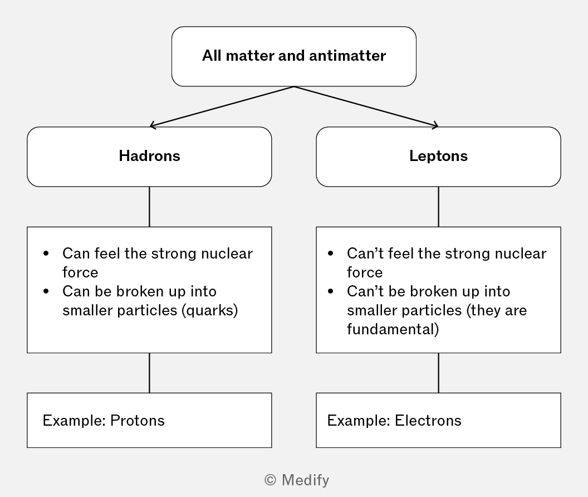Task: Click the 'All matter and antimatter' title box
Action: pyautogui.click(x=294, y=56)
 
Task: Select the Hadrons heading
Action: pyautogui.click(x=150, y=156)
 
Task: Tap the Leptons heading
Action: pyautogui.click(x=438, y=156)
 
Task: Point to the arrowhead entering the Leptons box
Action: pyautogui.click(x=435, y=125)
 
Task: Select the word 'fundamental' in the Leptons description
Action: pyautogui.click(x=391, y=329)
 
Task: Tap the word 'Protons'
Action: pyautogui.click(x=137, y=421)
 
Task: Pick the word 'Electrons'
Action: pyautogui.click(x=428, y=421)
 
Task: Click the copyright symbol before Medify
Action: pyautogui.click(x=270, y=480)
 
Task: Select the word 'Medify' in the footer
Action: pyautogui.click(x=305, y=480)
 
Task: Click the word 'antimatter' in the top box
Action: pyautogui.click(x=347, y=56)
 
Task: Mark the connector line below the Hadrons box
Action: pyautogui.click(x=149, y=207)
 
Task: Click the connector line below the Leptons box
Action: pyautogui.click(x=438, y=207)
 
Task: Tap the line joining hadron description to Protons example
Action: pyautogui.click(x=149, y=373)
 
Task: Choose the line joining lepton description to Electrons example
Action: pyautogui.click(x=438, y=373)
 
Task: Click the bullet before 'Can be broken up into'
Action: pyautogui.click(x=46, y=291)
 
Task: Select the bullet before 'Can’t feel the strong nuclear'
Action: pyautogui.click(x=330, y=254)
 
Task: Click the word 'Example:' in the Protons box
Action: pyautogui.click(x=74, y=421)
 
